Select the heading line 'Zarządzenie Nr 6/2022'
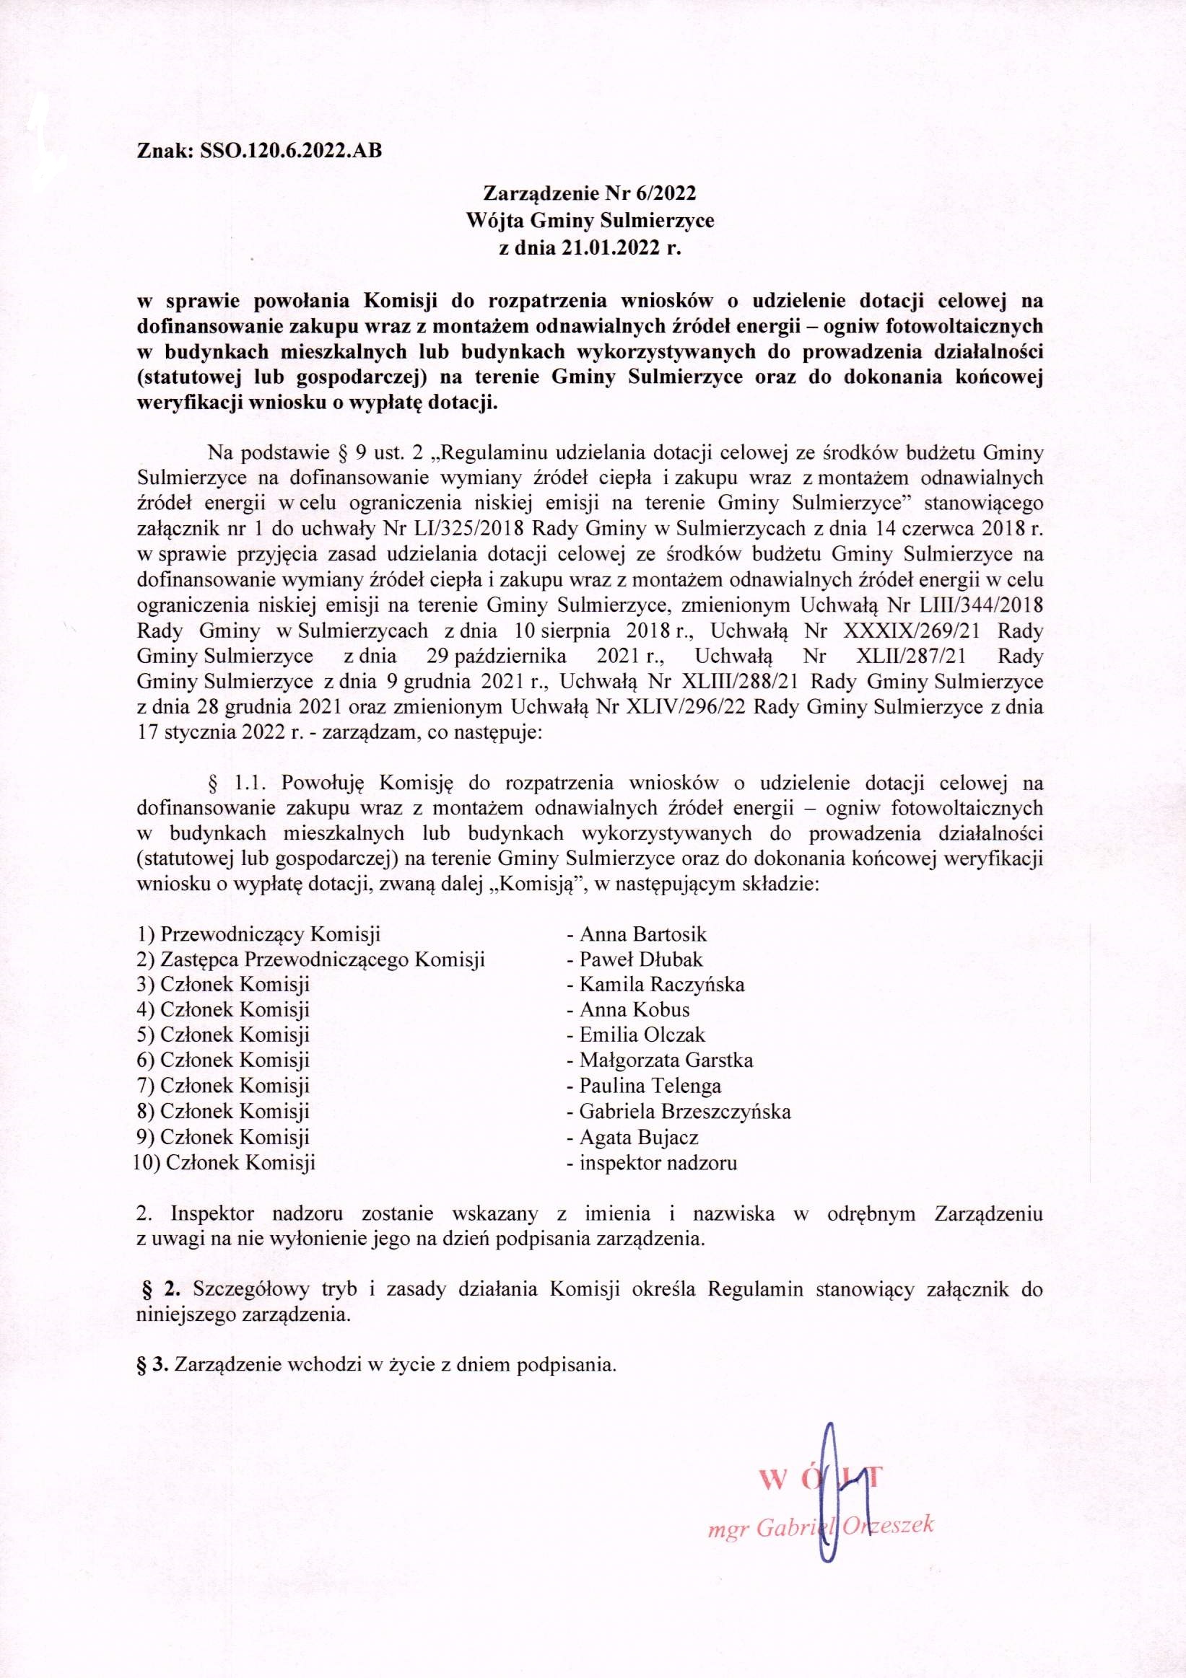tap(588, 193)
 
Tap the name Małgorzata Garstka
tap(666, 1060)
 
